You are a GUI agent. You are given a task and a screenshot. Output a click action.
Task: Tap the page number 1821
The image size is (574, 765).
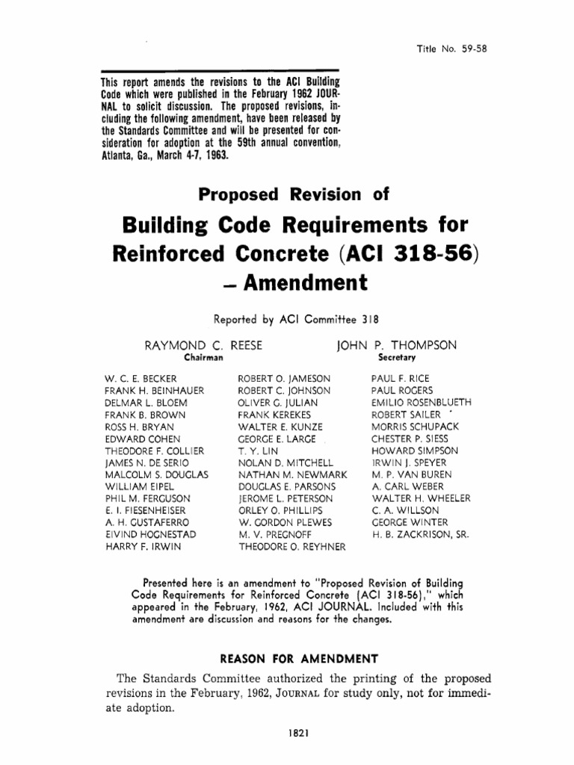(287, 734)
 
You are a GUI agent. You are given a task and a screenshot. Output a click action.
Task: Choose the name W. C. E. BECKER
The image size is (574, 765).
(141, 379)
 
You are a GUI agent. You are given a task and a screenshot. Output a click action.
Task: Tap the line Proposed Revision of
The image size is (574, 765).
(294, 195)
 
